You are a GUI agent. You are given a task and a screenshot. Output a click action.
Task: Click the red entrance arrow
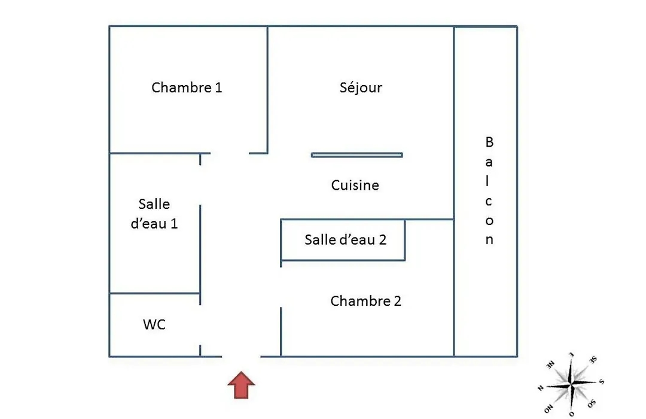click(242, 385)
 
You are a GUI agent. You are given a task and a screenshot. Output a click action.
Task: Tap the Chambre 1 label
click(187, 87)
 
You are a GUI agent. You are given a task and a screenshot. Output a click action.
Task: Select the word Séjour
click(361, 87)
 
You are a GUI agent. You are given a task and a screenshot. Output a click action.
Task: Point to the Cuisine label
click(355, 185)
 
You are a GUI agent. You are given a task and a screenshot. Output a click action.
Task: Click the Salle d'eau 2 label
click(346, 239)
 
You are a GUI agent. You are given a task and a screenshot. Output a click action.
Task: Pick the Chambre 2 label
click(366, 301)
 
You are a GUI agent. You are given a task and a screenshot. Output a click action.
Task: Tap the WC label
click(154, 324)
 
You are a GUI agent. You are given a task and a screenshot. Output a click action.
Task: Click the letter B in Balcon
click(489, 142)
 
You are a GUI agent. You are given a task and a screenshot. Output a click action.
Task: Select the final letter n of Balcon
click(489, 239)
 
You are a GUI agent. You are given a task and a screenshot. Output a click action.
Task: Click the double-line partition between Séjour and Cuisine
click(356, 155)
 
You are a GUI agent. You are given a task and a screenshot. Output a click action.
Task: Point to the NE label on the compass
click(550, 365)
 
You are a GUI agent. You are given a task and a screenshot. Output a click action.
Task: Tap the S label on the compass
click(602, 382)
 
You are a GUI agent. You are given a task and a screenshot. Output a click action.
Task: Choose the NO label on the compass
click(549, 409)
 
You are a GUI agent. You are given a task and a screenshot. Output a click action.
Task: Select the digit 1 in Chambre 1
click(219, 87)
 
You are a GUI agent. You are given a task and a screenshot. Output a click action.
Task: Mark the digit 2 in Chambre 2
click(398, 301)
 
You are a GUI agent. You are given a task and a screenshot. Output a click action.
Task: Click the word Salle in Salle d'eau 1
click(154, 204)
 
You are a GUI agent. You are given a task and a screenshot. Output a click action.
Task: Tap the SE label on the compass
click(593, 360)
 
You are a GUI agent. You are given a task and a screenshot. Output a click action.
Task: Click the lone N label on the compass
click(541, 388)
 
